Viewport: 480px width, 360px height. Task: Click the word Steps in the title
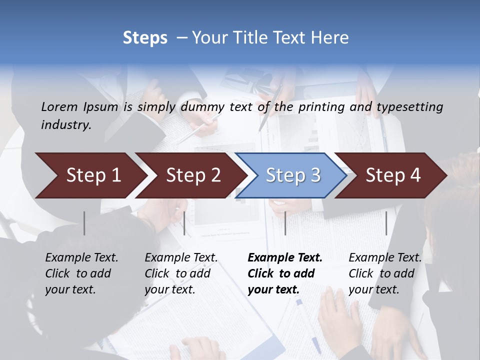pyautogui.click(x=145, y=38)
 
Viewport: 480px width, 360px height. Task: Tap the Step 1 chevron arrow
pyautogui.click(x=90, y=175)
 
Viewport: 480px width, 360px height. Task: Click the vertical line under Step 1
pyautogui.click(x=84, y=223)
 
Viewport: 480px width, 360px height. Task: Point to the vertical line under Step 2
pyautogui.click(x=184, y=223)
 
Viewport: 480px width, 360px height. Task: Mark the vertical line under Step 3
pyautogui.click(x=285, y=223)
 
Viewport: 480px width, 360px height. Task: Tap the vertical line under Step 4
pyautogui.click(x=386, y=223)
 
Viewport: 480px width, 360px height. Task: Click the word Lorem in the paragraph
pyautogui.click(x=59, y=106)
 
